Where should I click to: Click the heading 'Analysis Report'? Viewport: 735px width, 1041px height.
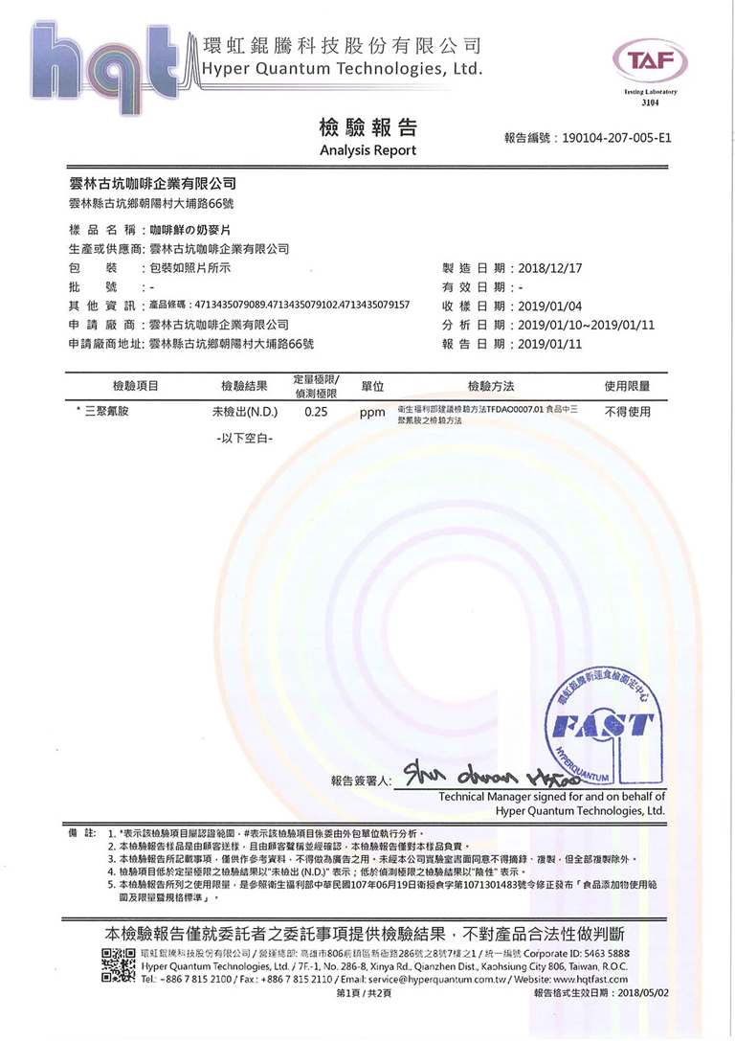click(x=367, y=150)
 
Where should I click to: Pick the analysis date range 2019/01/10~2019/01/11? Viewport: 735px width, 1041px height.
click(x=586, y=325)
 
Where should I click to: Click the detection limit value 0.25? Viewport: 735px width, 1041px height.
click(x=316, y=413)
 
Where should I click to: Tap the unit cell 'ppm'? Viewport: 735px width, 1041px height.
click(x=372, y=414)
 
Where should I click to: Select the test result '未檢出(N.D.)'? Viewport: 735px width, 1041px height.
click(x=244, y=413)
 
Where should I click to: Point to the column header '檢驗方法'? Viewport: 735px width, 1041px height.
click(x=490, y=386)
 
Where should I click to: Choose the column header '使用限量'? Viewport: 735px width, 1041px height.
click(x=627, y=386)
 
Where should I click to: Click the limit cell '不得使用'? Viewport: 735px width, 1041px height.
click(x=627, y=413)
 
